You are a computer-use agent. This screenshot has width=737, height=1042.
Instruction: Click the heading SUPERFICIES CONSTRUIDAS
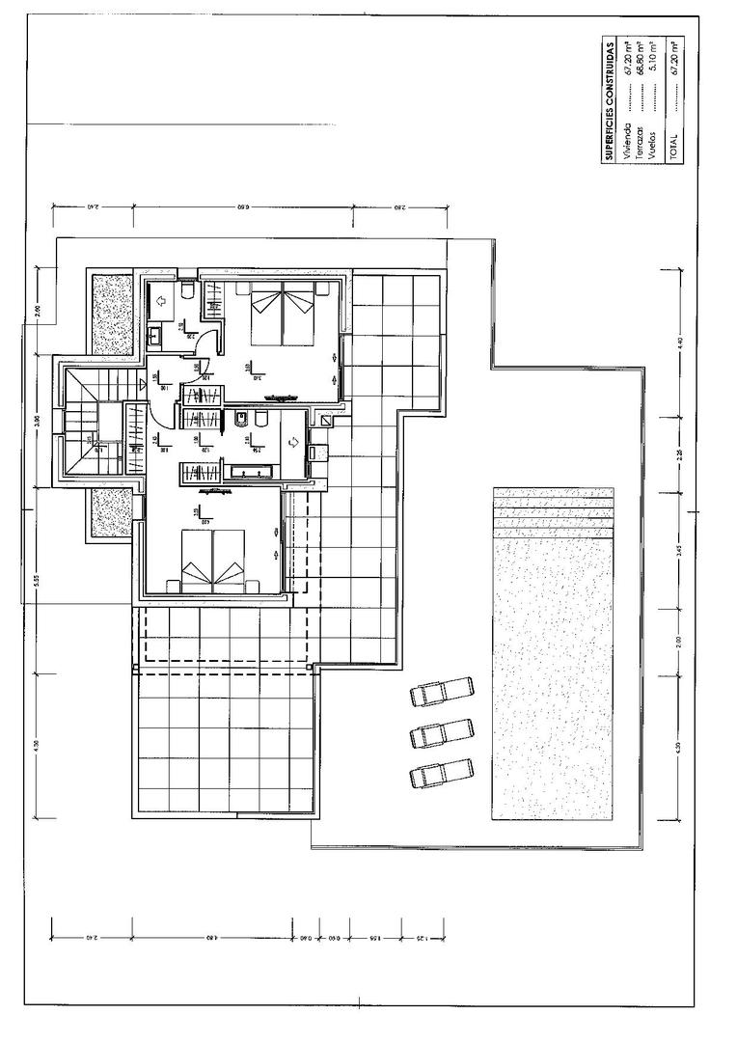(610, 101)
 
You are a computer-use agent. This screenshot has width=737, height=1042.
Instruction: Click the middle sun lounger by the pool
(442, 734)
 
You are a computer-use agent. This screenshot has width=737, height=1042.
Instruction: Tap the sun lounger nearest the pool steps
(442, 693)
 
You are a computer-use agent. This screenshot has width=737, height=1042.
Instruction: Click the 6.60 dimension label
(243, 206)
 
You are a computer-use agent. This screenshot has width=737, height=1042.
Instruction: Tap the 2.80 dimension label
(399, 206)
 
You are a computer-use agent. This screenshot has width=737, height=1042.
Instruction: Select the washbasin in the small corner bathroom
(155, 337)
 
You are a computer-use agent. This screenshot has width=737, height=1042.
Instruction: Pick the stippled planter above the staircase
(112, 314)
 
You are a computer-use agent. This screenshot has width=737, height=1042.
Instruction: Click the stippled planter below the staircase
(112, 511)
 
